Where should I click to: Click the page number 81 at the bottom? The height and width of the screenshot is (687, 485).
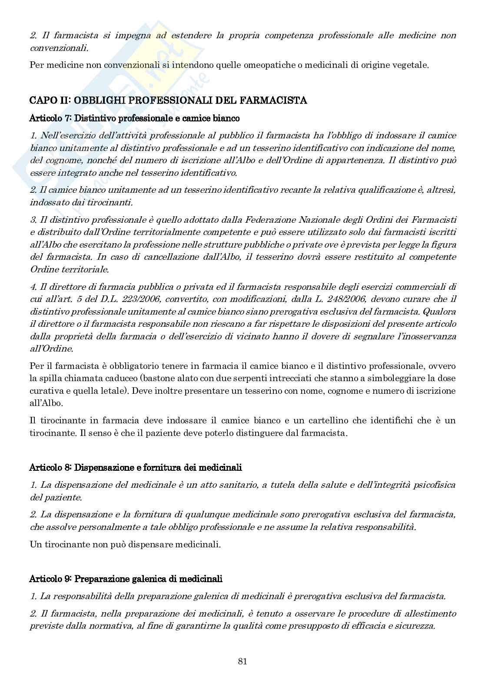(242, 661)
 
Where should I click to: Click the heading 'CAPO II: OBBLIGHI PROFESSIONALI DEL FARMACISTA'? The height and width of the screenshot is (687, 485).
(168, 101)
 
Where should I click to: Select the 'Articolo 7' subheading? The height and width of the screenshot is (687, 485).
(134, 118)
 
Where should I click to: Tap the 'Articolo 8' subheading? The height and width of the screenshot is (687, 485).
(136, 467)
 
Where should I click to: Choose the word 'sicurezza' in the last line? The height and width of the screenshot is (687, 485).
(416, 626)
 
